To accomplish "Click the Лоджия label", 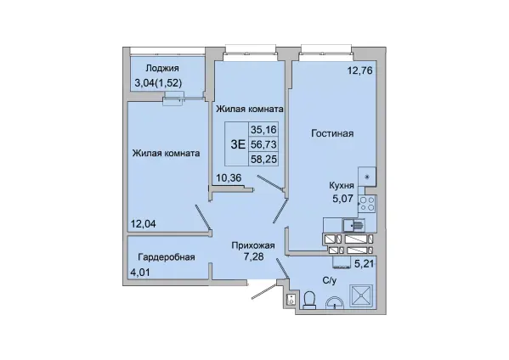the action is coord(162,69).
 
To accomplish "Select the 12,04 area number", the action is coord(143,223).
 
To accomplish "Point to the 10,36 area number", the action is coord(229,177).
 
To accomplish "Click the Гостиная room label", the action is coord(332,133).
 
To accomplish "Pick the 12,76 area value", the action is coord(360,70).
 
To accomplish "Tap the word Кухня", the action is coord(342,185).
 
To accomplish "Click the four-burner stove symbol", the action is coord(367,205).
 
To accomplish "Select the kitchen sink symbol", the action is coord(353,225).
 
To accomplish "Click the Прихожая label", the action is coord(253,246).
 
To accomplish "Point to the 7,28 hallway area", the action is coord(253,256).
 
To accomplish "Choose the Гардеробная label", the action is coord(167,257).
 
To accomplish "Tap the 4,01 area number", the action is coord(140,272).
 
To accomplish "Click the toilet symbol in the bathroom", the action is coord(309,300).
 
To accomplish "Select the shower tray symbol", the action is coord(361,295).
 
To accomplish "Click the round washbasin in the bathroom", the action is coord(334,303).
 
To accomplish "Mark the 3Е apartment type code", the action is coord(238,144).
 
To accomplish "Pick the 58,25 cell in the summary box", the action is coord(263,160).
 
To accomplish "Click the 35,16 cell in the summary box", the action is coord(263,130).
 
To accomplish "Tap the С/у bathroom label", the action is coord(330,281).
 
